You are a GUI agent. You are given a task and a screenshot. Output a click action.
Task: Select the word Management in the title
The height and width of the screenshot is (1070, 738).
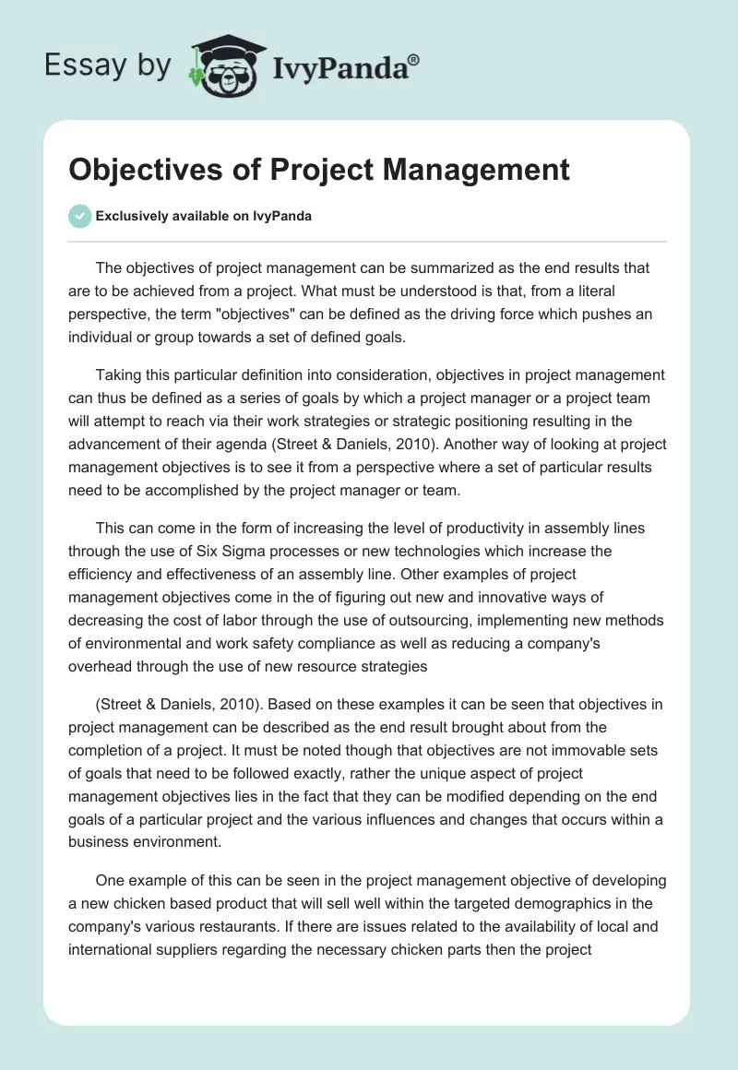pos(461,171)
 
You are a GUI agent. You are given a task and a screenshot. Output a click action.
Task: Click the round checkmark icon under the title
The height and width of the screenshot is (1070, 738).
pos(79,217)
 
